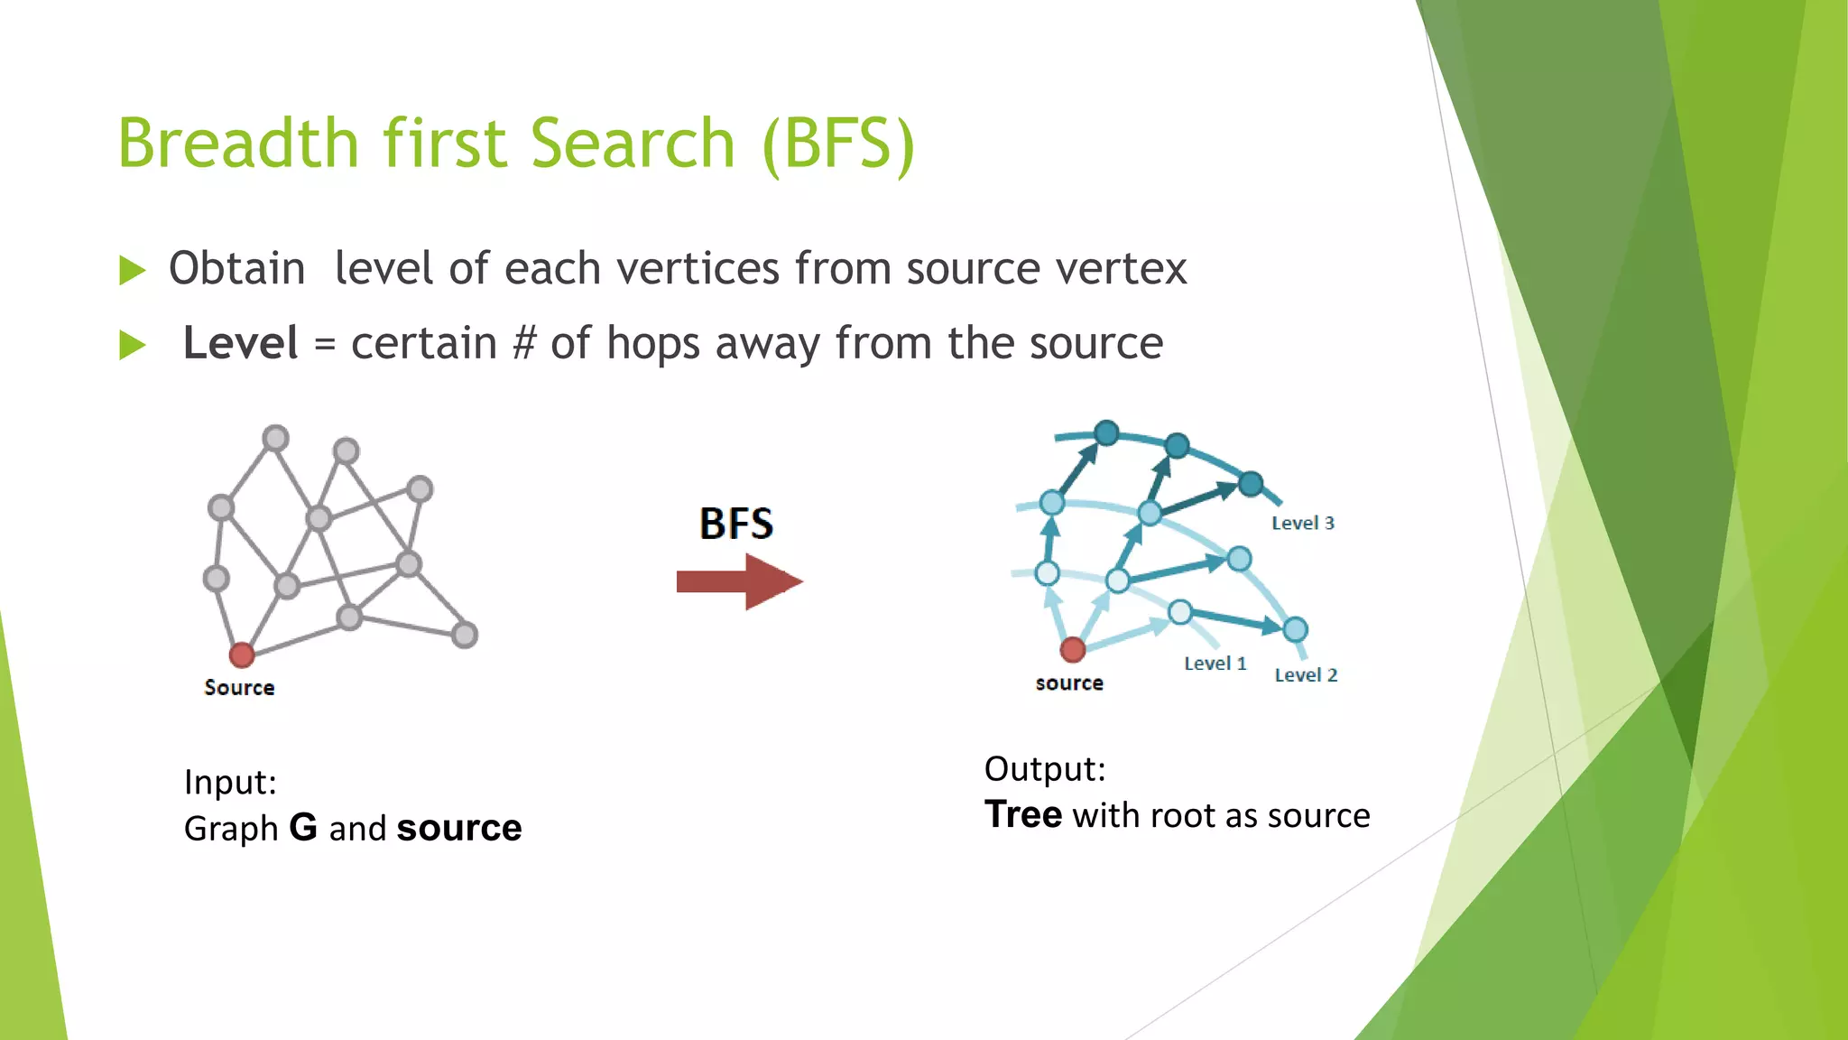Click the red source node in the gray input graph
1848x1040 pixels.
pos(241,655)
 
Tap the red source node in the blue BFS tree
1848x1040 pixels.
pos(1072,649)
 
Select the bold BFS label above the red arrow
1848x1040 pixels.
pos(736,524)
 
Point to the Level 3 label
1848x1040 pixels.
pos(1302,523)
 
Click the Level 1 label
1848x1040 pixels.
pos(1215,664)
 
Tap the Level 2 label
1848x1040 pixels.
pos(1306,675)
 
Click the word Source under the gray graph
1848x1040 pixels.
pos(239,688)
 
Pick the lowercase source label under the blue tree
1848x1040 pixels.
pos(1069,683)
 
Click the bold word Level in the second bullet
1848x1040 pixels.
pos(240,343)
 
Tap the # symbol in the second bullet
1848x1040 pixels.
pos(524,343)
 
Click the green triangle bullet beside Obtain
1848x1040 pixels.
pos(132,270)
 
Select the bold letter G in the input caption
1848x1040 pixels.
pos(303,828)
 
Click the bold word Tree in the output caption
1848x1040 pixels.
pos(1022,814)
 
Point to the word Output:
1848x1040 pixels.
pos(1044,769)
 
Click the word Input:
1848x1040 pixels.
pos(230,782)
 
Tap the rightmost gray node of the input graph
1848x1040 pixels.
pos(464,635)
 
